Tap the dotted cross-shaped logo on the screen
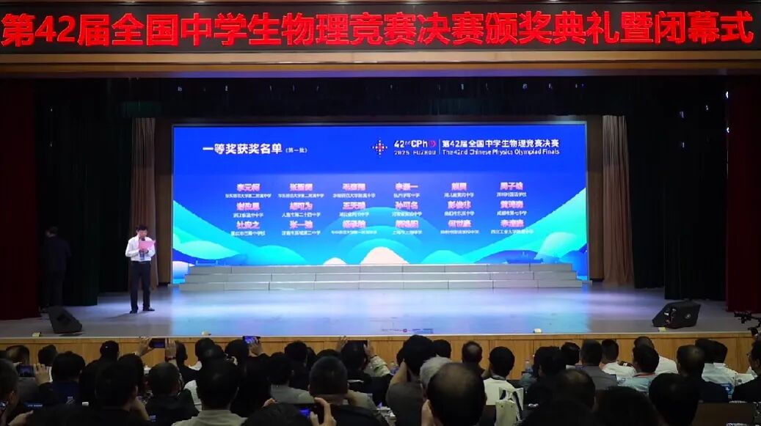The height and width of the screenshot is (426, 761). (x=379, y=147)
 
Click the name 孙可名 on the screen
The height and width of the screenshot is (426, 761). (x=406, y=206)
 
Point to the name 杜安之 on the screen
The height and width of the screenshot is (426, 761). (x=249, y=224)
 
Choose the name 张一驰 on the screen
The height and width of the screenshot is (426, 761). (x=301, y=224)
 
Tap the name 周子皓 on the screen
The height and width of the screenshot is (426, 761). (x=511, y=187)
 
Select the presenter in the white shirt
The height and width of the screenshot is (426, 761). (x=139, y=268)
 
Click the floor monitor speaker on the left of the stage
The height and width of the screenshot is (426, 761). (x=64, y=320)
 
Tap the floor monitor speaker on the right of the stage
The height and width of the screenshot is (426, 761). (x=676, y=315)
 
